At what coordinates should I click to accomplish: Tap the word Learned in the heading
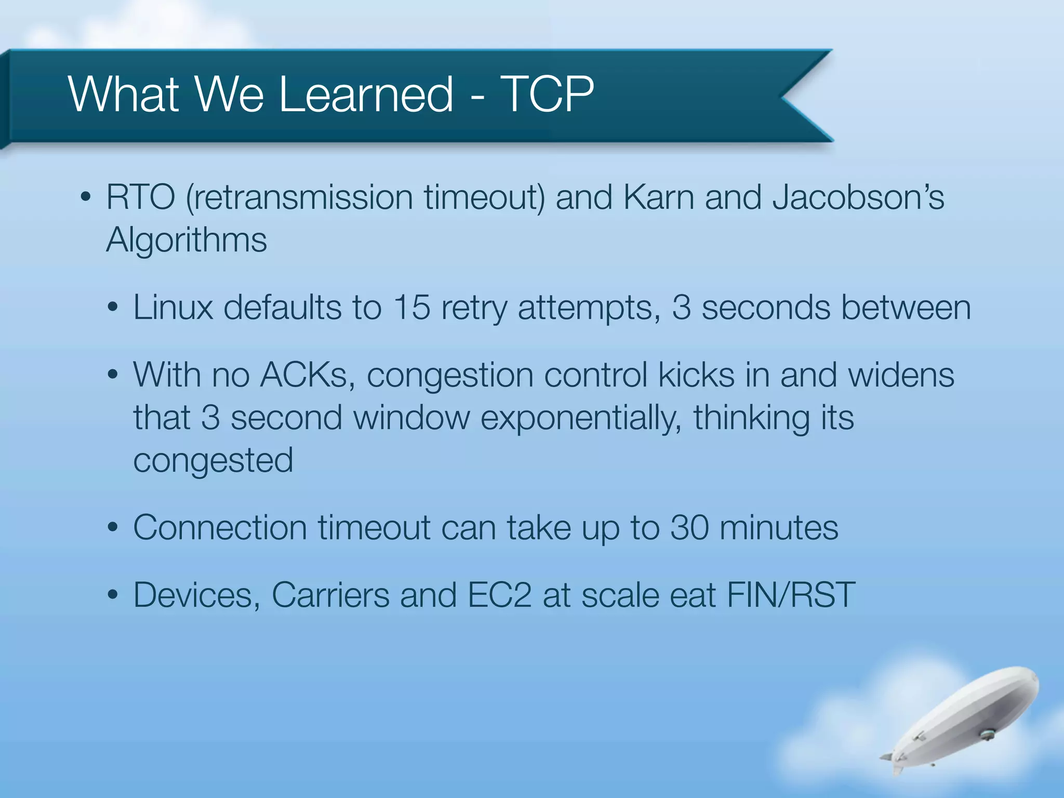[x=366, y=94]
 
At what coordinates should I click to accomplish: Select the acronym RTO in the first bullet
[x=141, y=198]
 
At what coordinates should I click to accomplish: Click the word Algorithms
[x=187, y=241]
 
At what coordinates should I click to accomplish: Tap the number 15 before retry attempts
[x=411, y=308]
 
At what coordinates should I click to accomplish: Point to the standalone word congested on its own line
[x=213, y=460]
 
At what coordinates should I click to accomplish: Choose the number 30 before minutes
[x=689, y=528]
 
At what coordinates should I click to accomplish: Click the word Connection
[x=220, y=528]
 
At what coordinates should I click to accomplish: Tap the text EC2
[x=499, y=595]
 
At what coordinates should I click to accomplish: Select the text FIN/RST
[x=791, y=595]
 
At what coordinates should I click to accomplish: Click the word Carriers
[x=330, y=595]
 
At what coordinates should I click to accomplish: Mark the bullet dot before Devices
[x=113, y=596]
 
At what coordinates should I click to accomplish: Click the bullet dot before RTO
[x=86, y=199]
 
